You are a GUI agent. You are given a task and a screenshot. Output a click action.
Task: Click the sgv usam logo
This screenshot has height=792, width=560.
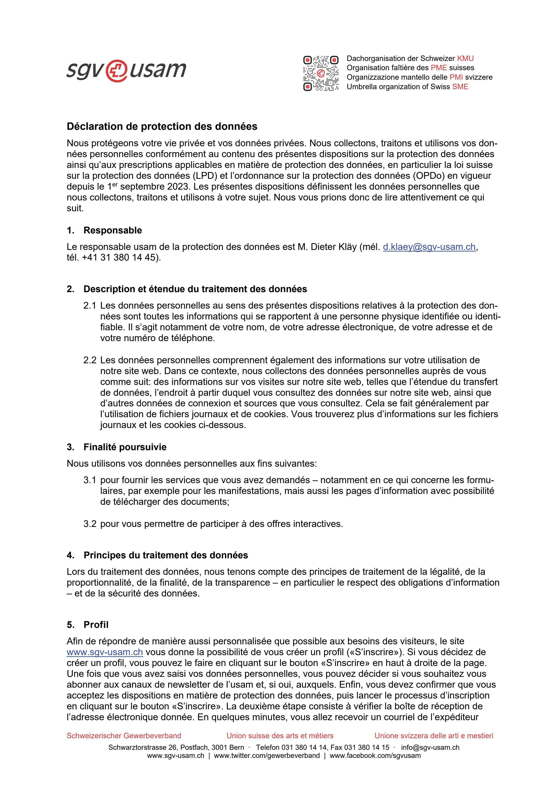[x=126, y=71]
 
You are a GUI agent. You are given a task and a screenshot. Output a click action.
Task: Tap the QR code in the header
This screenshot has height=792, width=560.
[x=321, y=73]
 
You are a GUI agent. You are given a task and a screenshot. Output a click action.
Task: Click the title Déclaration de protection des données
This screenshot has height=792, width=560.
[x=162, y=127]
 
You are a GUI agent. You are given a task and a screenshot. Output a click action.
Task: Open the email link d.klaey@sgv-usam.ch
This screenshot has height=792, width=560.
[x=429, y=247]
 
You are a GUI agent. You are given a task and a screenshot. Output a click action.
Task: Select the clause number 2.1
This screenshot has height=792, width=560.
[x=90, y=306]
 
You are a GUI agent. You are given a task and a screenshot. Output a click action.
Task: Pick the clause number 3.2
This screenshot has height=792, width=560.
[x=90, y=524]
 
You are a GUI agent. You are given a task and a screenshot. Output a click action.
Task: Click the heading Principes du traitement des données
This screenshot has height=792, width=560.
[x=166, y=555]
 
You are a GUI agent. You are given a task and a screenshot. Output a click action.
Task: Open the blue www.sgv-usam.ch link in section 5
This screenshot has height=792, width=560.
[x=105, y=652]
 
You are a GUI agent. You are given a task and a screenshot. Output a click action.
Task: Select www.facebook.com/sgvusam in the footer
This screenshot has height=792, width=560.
[x=375, y=756]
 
